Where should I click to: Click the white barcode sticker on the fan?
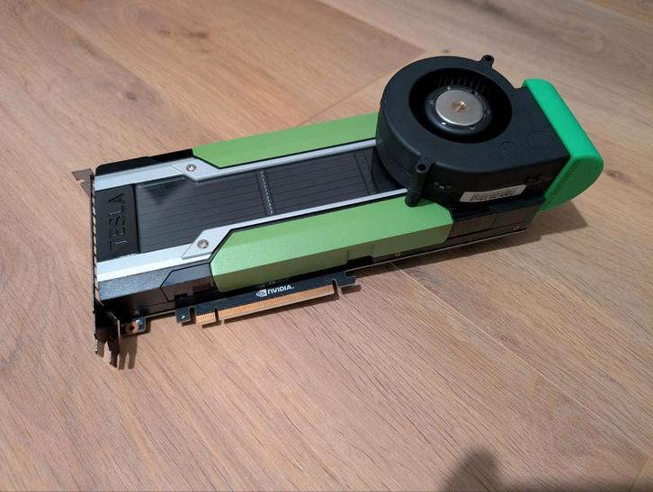click(491, 191)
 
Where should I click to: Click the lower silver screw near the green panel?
click(207, 243)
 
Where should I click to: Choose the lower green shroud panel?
click(333, 234)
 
